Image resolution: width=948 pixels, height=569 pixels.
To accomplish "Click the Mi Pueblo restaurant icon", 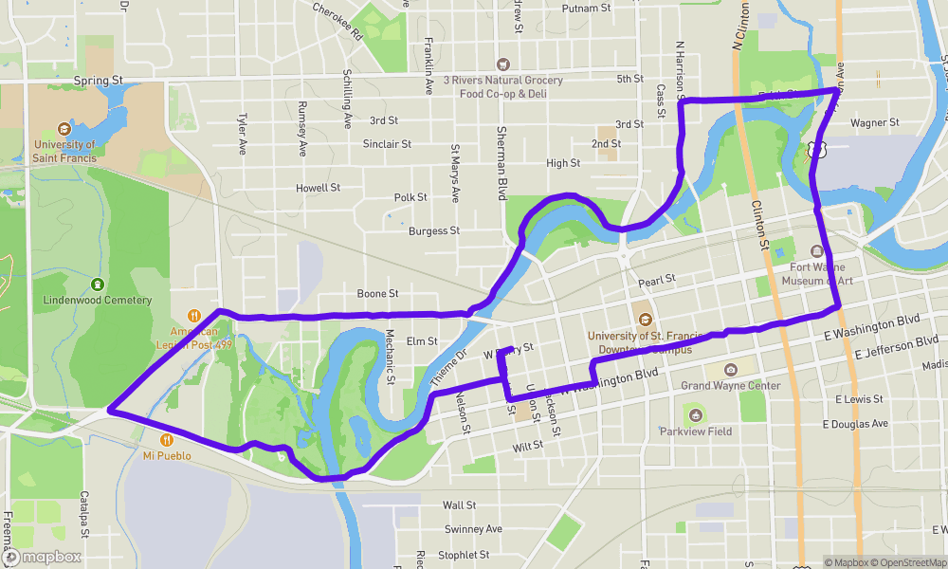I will [167, 440].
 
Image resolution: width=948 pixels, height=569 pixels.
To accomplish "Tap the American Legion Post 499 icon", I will [193, 316].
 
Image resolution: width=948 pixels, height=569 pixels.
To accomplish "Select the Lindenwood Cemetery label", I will [98, 300].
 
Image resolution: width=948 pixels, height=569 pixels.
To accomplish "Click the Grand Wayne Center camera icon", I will [731, 370].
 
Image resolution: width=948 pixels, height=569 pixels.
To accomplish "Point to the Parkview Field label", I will [695, 431].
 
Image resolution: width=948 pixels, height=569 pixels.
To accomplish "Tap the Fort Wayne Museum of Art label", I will [822, 273].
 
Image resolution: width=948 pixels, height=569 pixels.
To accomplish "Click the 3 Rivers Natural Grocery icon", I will [503, 64].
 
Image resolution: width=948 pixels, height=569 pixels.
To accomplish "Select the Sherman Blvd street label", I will [501, 164].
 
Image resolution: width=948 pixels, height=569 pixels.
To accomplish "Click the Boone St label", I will [377, 294].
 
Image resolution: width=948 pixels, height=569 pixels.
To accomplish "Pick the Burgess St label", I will [434, 230].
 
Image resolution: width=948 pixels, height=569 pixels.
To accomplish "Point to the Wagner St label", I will [874, 123].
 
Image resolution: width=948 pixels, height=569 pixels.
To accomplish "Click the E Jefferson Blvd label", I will [896, 346].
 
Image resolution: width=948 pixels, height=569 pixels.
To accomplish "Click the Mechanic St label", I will [390, 358].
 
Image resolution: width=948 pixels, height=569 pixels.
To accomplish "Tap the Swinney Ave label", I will [473, 529].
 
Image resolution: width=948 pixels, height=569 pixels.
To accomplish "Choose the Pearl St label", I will [656, 280].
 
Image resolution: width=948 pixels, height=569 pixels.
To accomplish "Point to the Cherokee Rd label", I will [338, 19].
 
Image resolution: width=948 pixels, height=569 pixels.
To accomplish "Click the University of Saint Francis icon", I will [64, 128].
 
